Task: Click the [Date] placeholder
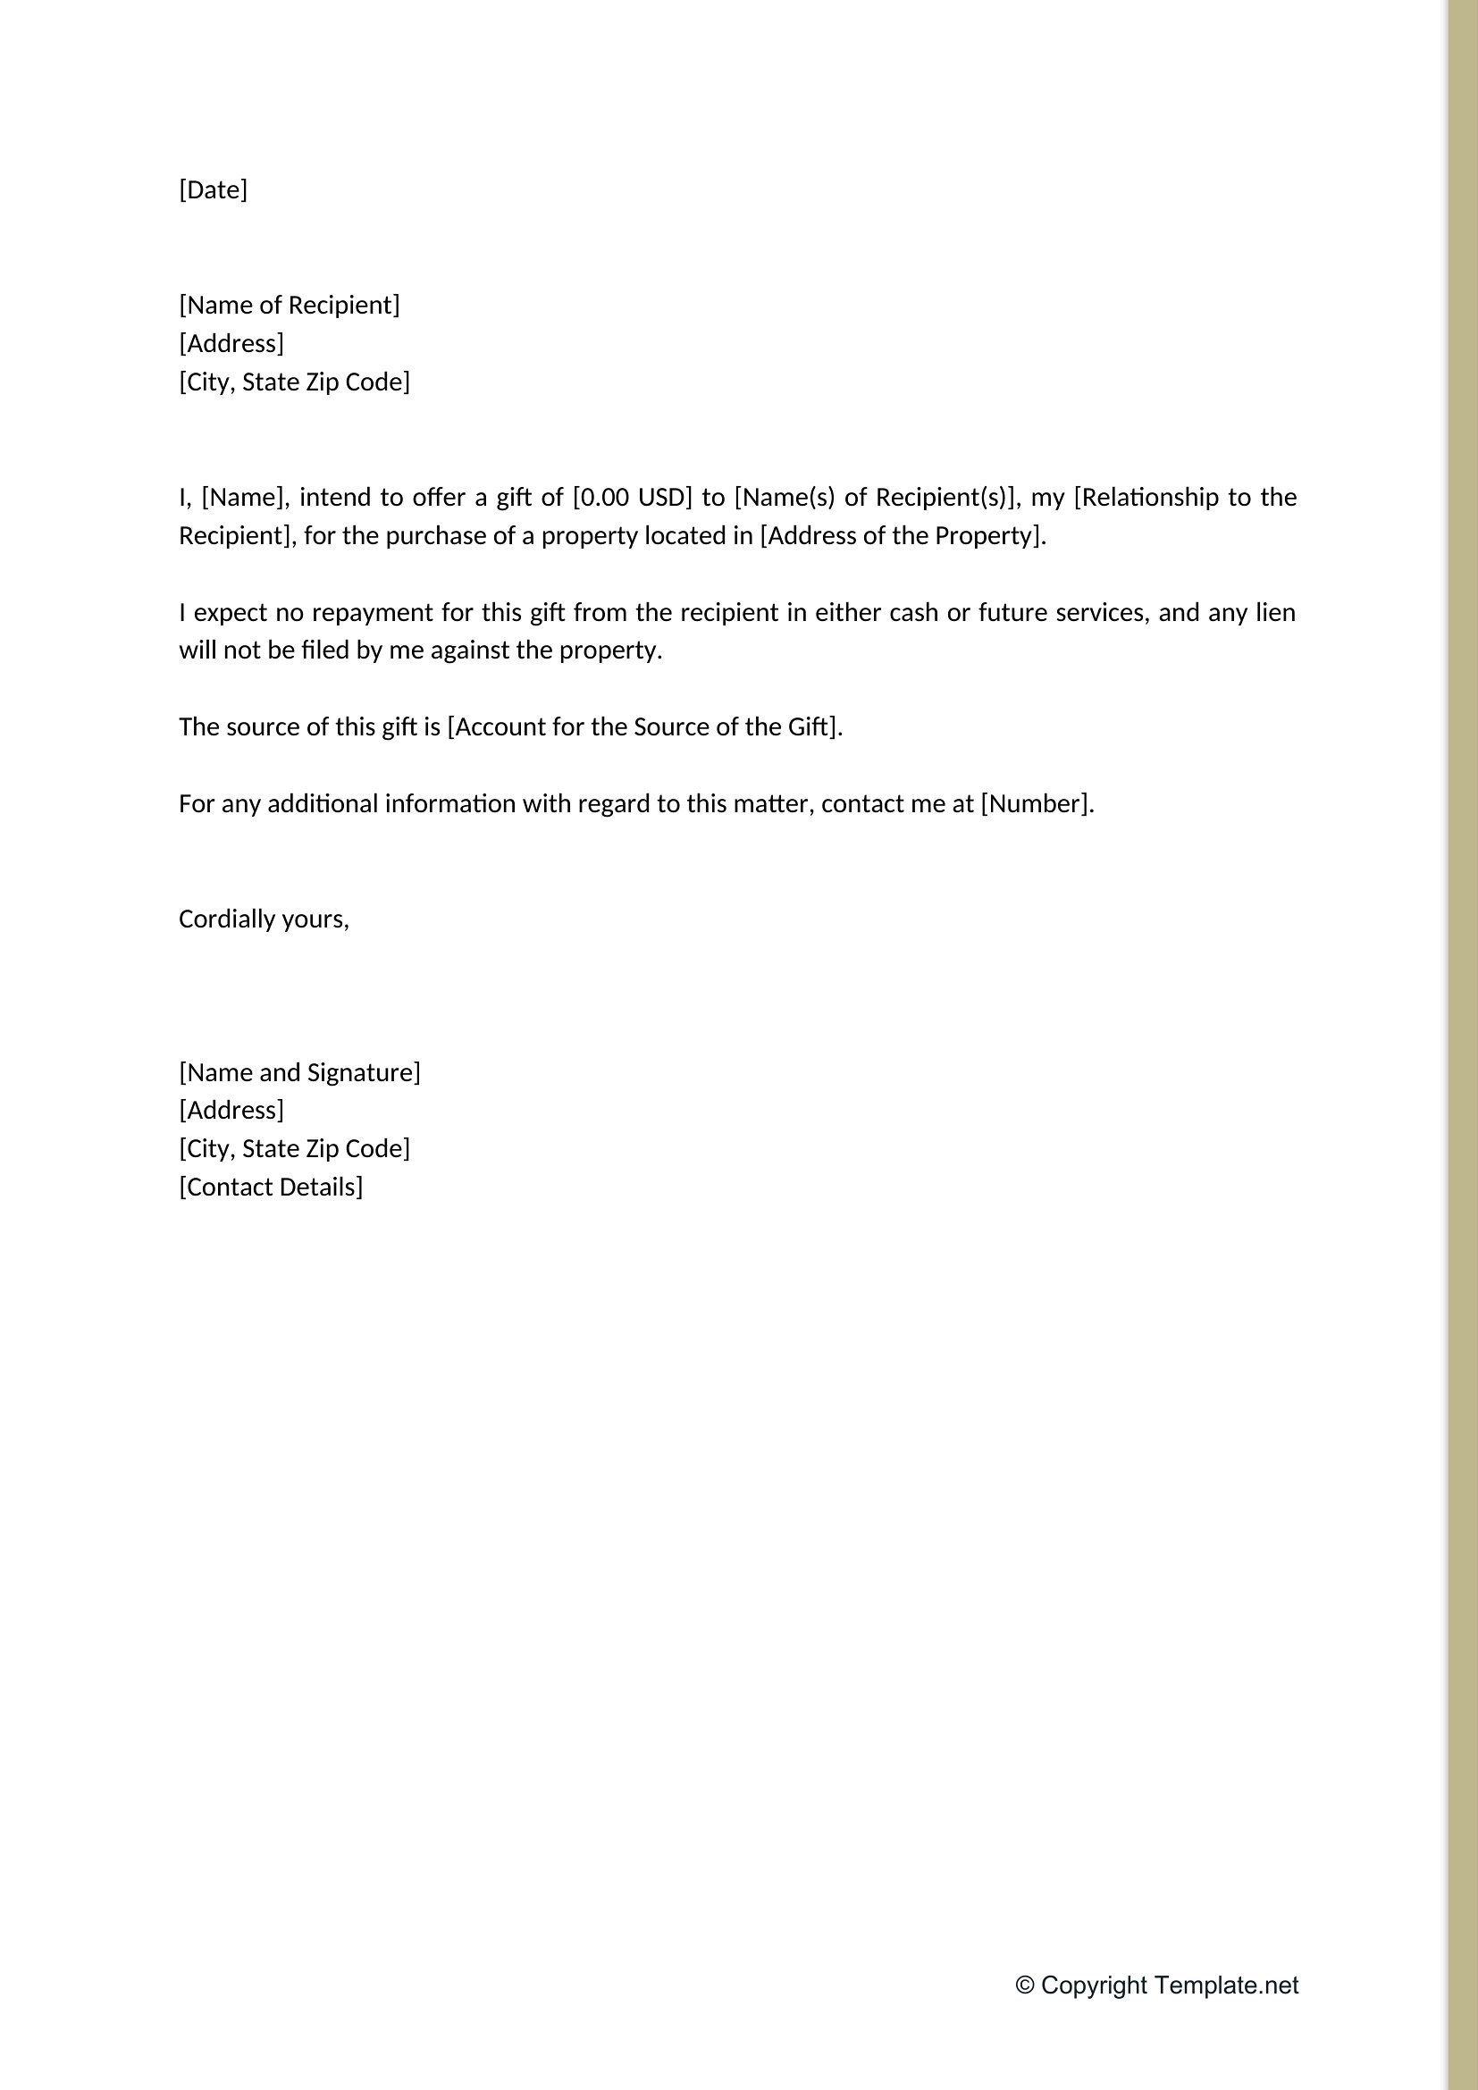(x=213, y=189)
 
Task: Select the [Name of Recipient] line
(x=290, y=305)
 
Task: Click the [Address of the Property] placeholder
(x=901, y=535)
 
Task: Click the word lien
(x=1275, y=612)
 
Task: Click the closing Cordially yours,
(x=264, y=919)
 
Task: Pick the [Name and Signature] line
(x=299, y=1072)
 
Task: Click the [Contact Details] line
(x=270, y=1187)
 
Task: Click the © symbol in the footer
(x=1025, y=1985)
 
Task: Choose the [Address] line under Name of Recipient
(x=231, y=343)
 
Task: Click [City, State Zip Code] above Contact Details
(x=294, y=1149)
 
